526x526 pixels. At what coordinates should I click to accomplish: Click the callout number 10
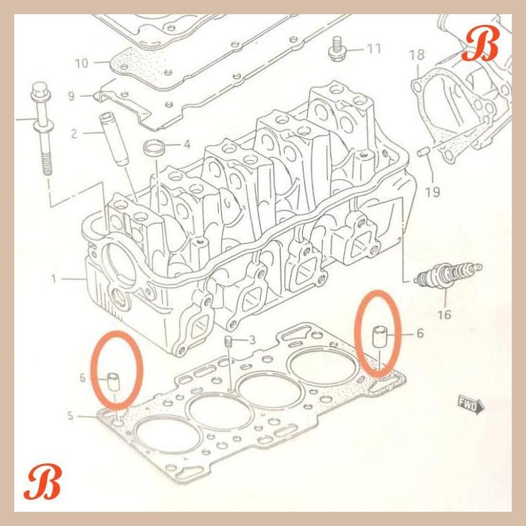(x=81, y=63)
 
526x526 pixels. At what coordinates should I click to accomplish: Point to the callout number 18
(x=417, y=54)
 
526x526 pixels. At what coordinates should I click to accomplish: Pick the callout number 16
(x=445, y=314)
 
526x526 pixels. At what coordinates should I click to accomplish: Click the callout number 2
(x=74, y=132)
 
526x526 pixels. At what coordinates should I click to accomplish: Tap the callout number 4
(x=187, y=144)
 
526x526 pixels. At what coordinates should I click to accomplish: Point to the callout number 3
(x=251, y=340)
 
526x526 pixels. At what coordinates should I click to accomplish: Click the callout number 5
(x=70, y=415)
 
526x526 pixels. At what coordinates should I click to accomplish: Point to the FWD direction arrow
(x=471, y=406)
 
